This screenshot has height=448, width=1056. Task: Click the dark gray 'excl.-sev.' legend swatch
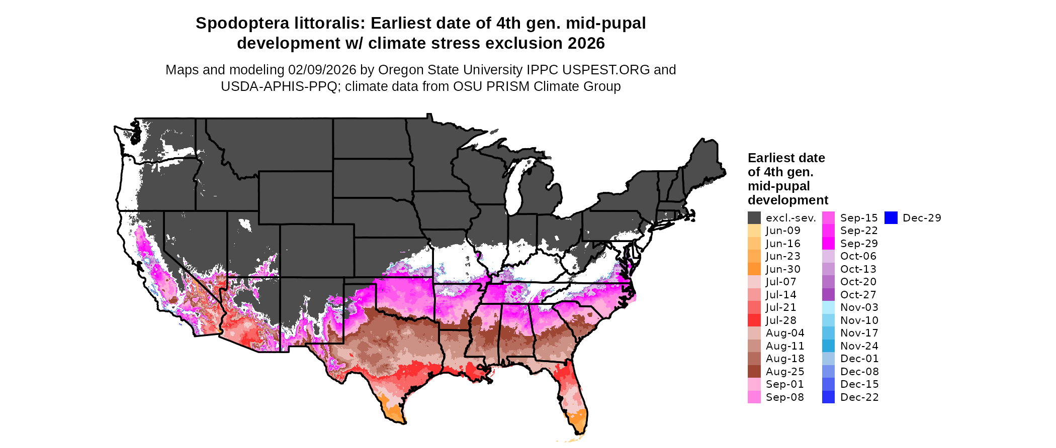(x=754, y=218)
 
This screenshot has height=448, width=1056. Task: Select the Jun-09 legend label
(x=783, y=231)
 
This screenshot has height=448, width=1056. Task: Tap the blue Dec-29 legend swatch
(x=891, y=218)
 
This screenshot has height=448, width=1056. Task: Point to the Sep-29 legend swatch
(x=829, y=244)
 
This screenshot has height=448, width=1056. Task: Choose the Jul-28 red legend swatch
(x=754, y=320)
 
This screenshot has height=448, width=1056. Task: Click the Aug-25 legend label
(x=785, y=372)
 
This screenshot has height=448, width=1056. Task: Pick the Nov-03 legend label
(x=858, y=307)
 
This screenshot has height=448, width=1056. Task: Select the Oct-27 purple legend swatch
(x=829, y=295)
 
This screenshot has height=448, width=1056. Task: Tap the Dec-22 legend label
(x=859, y=397)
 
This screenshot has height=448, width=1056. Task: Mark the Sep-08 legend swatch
(x=754, y=397)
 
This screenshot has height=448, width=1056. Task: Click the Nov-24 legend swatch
(x=829, y=346)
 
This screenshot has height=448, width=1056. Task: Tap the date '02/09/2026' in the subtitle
(x=322, y=70)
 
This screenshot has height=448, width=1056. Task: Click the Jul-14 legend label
(x=781, y=295)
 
